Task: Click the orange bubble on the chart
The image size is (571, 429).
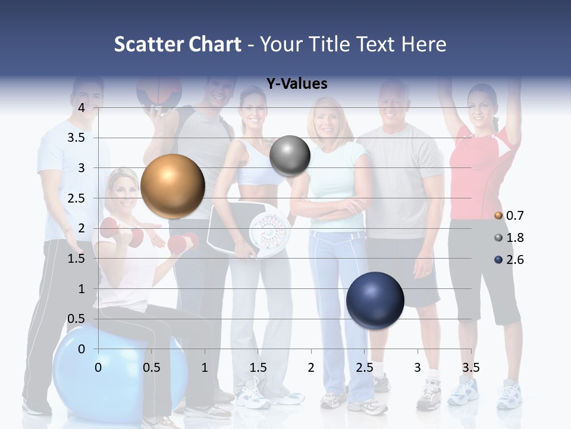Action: pyautogui.click(x=172, y=186)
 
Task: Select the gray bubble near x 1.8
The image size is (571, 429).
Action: pyautogui.click(x=290, y=156)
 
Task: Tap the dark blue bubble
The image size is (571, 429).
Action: pyautogui.click(x=375, y=300)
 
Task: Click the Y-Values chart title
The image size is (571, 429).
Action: pyautogui.click(x=297, y=84)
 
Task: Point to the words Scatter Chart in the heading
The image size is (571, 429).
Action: pyautogui.click(x=177, y=44)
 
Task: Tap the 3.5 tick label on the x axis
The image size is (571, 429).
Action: pyautogui.click(x=470, y=368)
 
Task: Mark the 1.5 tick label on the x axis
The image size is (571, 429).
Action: pyautogui.click(x=258, y=368)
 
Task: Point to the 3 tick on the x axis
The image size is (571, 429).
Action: pyautogui.click(x=418, y=368)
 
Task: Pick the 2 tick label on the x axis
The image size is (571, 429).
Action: pyautogui.click(x=311, y=368)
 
